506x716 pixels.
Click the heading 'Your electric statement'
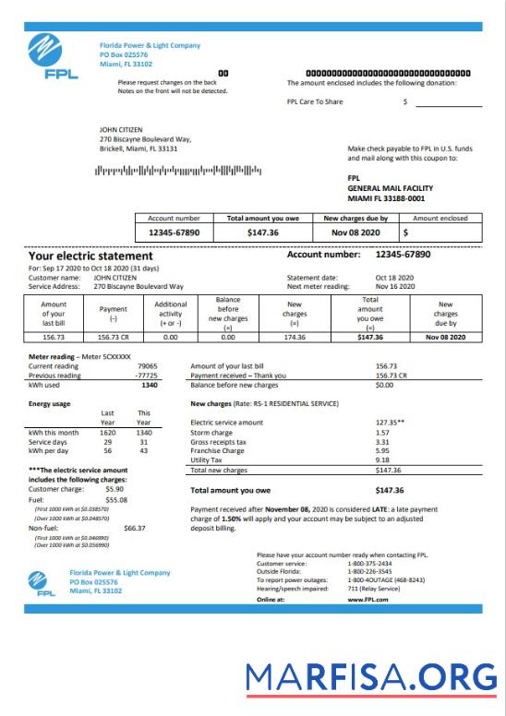pos(90,256)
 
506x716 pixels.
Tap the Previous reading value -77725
pos(146,376)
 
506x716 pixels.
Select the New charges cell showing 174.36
pos(295,338)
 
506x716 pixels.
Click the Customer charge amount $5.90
pos(114,489)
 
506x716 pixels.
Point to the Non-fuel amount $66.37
pos(135,528)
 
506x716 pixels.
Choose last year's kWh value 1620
pos(108,432)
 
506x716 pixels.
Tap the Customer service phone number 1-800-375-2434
pos(368,563)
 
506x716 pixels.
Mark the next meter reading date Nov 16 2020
pos(395,287)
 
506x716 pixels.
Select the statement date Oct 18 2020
pos(395,278)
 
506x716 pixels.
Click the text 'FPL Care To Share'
pos(314,101)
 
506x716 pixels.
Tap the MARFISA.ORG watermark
pos(371,679)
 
